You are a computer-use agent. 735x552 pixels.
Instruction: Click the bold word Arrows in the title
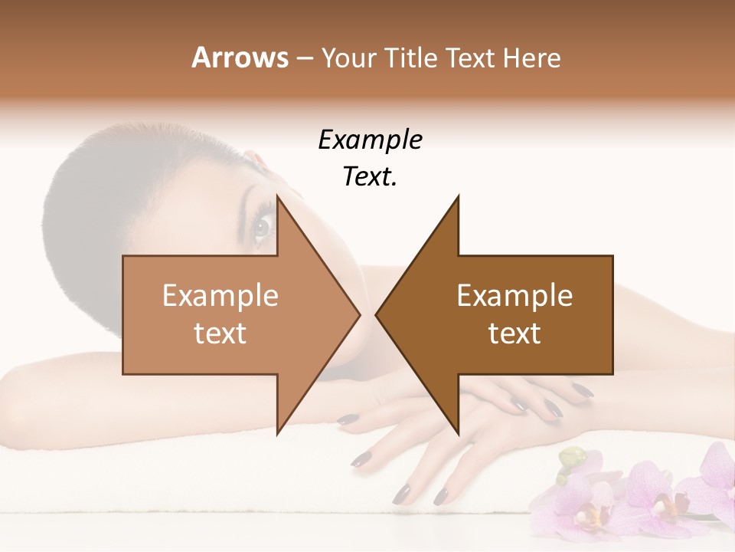(x=240, y=58)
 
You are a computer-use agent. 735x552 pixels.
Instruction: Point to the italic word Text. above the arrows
(x=370, y=176)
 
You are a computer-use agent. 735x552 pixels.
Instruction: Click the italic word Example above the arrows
(x=370, y=140)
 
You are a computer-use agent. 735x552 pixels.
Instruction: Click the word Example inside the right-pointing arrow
(x=220, y=295)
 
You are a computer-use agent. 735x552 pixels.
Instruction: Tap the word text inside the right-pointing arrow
(x=220, y=333)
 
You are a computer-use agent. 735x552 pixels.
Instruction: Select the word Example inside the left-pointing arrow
(x=514, y=295)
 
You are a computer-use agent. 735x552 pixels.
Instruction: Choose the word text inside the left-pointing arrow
(x=514, y=333)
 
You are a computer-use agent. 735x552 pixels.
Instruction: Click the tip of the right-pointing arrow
(x=360, y=314)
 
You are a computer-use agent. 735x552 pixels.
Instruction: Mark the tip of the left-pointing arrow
(x=376, y=314)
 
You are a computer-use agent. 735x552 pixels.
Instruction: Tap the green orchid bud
(x=570, y=460)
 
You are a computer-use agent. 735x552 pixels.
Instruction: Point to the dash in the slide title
(x=304, y=58)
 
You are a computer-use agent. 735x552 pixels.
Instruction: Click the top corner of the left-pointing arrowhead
(x=458, y=197)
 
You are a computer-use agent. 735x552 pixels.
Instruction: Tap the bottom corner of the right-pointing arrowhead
(x=278, y=433)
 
